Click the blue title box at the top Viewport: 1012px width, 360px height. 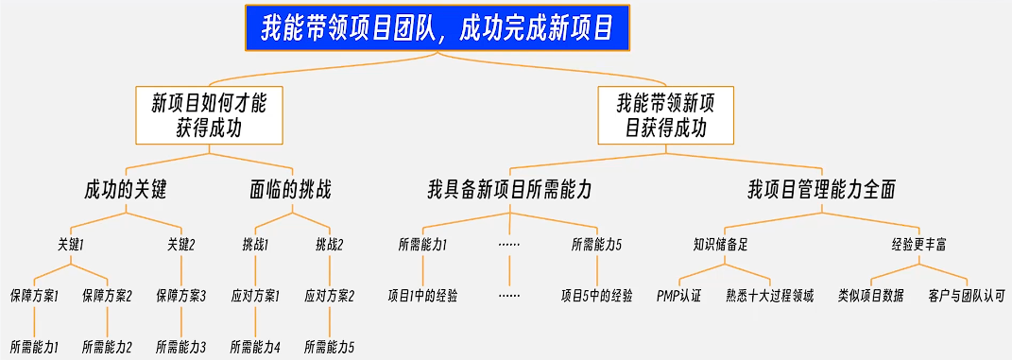[437, 28]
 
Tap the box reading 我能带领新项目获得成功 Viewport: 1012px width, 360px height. [665, 114]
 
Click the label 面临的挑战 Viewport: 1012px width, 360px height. [291, 189]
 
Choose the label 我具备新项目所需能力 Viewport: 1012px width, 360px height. [509, 189]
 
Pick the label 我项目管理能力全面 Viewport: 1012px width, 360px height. [821, 189]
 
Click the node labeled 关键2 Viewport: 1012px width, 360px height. [180, 244]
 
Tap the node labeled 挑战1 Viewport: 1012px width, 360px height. [255, 244]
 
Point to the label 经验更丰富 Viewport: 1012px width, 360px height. [918, 244]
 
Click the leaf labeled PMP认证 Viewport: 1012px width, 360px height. [679, 296]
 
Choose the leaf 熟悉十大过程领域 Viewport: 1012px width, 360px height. [770, 296]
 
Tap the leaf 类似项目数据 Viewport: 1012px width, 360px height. [870, 296]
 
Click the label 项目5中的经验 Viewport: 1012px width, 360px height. [597, 296]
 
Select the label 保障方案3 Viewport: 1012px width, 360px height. [180, 296]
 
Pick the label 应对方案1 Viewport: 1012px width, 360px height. [255, 296]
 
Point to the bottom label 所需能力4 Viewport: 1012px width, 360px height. [255, 347]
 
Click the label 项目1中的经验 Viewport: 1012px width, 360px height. [422, 296]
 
